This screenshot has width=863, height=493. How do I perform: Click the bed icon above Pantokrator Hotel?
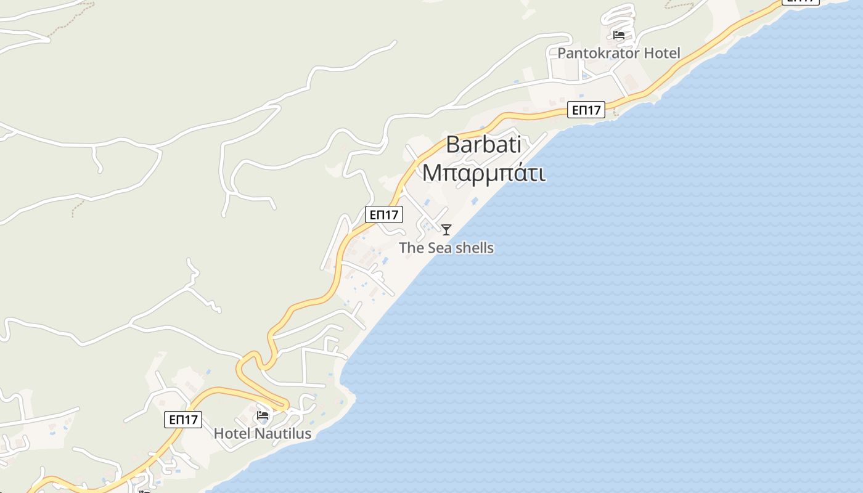[x=619, y=35]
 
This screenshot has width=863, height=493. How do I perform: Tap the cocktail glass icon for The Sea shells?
[x=446, y=230]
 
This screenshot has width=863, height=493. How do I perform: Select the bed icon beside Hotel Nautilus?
[x=263, y=415]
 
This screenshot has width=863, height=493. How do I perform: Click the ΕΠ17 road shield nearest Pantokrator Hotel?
[x=586, y=110]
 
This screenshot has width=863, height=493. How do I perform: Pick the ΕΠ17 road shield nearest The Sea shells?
[x=383, y=214]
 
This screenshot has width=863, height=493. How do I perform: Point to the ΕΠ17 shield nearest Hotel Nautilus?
[x=184, y=420]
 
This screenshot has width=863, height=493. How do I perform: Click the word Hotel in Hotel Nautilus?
[x=232, y=434]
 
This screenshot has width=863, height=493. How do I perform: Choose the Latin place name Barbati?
[x=483, y=145]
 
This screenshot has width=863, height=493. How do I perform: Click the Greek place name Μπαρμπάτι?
[x=484, y=173]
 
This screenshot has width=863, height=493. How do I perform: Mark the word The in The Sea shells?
[x=412, y=248]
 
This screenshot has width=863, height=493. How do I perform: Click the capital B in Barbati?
[x=452, y=145]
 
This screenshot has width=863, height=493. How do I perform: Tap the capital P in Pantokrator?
[x=562, y=53]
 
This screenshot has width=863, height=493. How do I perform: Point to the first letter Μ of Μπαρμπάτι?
[x=431, y=173]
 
